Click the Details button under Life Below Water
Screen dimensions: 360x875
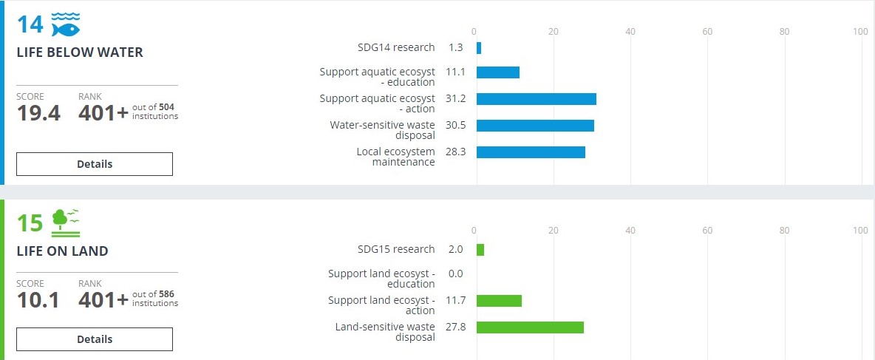pos(95,164)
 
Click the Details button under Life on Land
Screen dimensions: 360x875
pos(95,339)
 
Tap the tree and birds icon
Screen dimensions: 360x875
pos(66,221)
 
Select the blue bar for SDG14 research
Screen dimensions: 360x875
pos(479,48)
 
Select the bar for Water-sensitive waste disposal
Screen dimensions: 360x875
pos(535,126)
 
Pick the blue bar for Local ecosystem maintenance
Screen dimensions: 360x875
pos(531,152)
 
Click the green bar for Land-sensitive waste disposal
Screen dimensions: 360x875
pos(530,327)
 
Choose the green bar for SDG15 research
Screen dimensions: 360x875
pos(480,250)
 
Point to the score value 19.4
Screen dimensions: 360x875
pos(38,113)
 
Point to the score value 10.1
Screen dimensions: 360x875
pos(38,300)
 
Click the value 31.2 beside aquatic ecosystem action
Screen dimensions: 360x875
pos(456,99)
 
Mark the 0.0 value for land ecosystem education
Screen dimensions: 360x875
pos(455,274)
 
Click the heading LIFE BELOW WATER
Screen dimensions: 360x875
pos(80,52)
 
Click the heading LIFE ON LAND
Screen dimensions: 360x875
pos(62,251)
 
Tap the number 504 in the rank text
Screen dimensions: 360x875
pos(166,107)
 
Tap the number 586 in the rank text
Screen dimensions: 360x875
pos(166,294)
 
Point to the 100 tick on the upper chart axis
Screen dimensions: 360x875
pos(859,31)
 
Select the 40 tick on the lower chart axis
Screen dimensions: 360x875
pos(630,230)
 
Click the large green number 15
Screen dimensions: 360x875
pos(30,223)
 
